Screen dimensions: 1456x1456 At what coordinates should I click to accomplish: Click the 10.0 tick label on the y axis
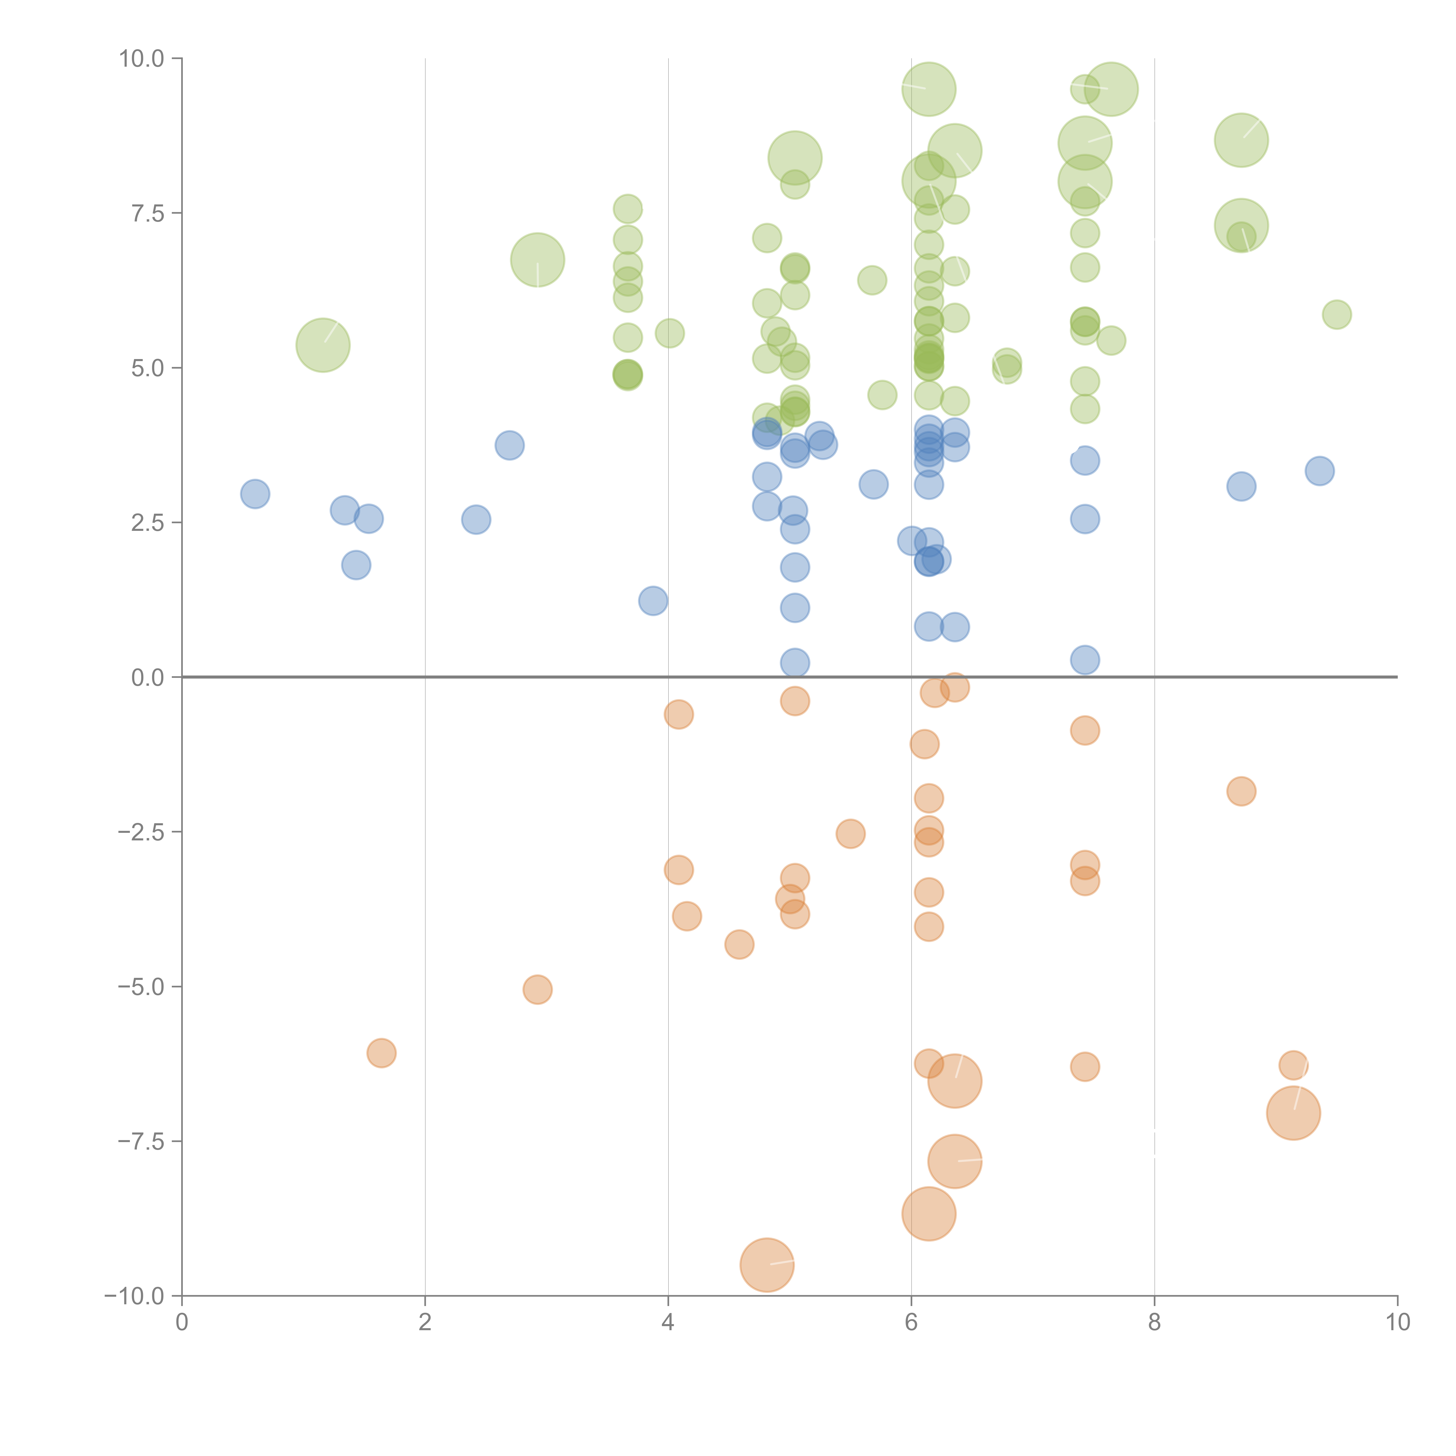tap(142, 59)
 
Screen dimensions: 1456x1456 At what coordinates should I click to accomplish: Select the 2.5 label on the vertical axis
tap(148, 523)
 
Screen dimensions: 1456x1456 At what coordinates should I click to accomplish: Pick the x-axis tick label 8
tap(1155, 1323)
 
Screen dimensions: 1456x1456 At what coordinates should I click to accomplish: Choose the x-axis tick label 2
tap(425, 1323)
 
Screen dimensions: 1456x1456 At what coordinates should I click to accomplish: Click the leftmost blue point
tap(255, 494)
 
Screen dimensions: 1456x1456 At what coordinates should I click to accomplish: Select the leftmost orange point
tap(381, 1053)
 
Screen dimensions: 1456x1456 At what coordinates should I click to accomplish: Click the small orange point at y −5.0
tap(537, 989)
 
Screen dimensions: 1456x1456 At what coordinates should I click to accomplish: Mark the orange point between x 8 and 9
tap(1241, 791)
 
